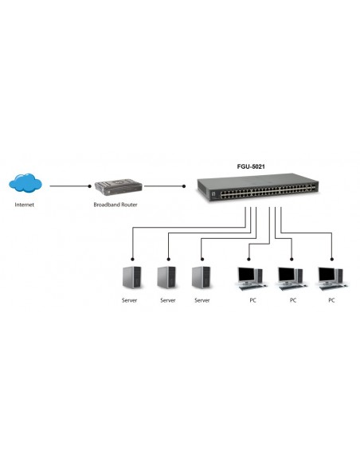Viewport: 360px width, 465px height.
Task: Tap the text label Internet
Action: click(x=25, y=205)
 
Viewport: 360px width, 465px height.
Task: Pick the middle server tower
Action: click(x=166, y=276)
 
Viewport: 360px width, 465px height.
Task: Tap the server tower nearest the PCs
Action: click(x=202, y=276)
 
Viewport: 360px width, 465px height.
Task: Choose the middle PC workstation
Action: click(x=290, y=276)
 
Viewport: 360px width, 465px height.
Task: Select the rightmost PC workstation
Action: click(x=331, y=276)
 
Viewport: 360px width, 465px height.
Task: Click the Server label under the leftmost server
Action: click(x=130, y=300)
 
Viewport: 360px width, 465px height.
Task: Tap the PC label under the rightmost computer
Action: click(x=331, y=300)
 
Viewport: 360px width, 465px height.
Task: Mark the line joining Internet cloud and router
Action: click(x=69, y=186)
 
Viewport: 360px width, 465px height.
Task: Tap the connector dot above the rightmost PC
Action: click(x=331, y=258)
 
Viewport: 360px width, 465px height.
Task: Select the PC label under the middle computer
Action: click(x=292, y=300)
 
